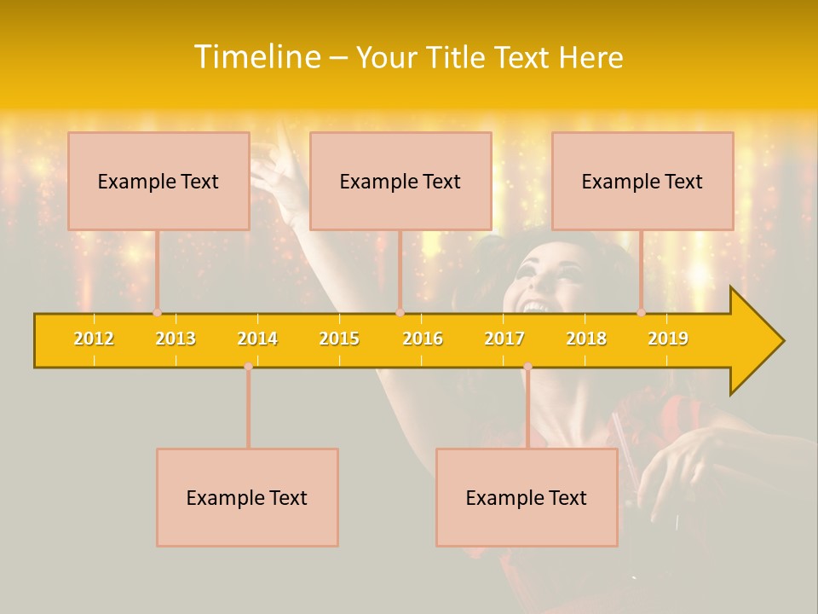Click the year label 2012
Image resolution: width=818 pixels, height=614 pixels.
click(x=94, y=339)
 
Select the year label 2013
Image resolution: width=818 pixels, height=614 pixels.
click(x=176, y=339)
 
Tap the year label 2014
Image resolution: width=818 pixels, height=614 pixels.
click(x=257, y=339)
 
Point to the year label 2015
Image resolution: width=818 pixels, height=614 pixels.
click(x=339, y=339)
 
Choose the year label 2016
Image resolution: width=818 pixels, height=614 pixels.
click(x=423, y=339)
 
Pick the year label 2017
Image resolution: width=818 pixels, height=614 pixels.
click(x=504, y=339)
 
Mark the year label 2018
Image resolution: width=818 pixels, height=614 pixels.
click(x=586, y=339)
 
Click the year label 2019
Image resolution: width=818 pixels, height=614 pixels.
click(x=668, y=339)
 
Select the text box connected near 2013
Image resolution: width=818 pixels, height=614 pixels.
click(x=158, y=181)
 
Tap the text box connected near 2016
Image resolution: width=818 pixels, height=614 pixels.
click(x=400, y=181)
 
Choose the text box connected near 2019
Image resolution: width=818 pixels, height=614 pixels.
click(x=642, y=181)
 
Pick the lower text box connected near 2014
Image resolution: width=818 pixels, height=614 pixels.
click(x=247, y=497)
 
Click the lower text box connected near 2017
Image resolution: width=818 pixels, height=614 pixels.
click(x=527, y=497)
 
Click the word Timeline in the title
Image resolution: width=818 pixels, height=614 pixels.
click(x=256, y=57)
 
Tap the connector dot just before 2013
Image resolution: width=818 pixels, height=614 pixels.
click(x=157, y=313)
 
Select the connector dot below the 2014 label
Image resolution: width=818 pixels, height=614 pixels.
click(x=248, y=367)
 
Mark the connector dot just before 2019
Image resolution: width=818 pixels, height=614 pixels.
click(x=642, y=313)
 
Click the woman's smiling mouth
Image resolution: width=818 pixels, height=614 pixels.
click(x=535, y=304)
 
